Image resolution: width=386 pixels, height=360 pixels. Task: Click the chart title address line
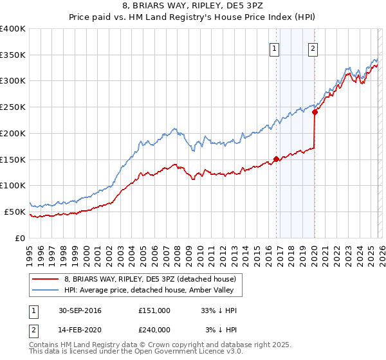(193, 6)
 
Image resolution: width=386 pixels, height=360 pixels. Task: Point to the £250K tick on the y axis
(13, 107)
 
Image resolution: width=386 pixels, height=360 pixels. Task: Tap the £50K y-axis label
(15, 212)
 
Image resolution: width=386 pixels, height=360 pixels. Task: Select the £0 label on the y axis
(21, 238)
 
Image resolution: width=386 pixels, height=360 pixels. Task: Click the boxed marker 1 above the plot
(275, 48)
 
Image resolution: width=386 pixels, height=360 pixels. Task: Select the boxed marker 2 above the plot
(313, 48)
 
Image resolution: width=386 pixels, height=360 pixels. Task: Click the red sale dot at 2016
(276, 159)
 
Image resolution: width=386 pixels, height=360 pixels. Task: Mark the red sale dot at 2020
(315, 112)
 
